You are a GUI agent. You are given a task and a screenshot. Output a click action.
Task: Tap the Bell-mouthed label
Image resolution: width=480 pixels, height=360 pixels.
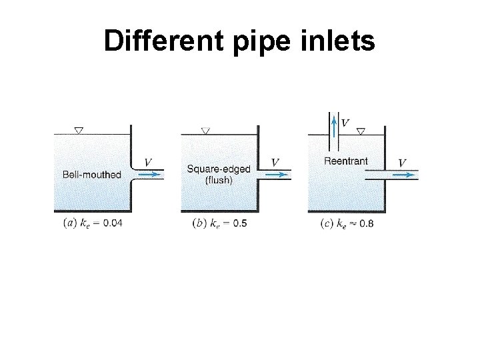coord(91,175)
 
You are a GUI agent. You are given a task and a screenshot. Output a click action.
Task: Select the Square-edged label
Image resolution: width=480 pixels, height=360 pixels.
coord(219,169)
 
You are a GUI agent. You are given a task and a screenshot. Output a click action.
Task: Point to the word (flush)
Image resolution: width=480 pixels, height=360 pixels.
coord(219,179)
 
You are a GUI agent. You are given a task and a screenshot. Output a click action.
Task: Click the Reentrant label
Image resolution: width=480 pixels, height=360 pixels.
coord(345,161)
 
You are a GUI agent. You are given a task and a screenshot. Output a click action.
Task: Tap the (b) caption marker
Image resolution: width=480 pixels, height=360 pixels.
coord(198,223)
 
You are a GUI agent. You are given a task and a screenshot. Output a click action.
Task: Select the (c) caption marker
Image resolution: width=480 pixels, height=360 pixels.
coord(325,223)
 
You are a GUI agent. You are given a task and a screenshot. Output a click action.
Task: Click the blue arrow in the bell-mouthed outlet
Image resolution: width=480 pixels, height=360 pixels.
coord(150,175)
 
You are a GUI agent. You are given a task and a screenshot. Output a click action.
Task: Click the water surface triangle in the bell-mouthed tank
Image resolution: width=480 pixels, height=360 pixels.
coord(79,131)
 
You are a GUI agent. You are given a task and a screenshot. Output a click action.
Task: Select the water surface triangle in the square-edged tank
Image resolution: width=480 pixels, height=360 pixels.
coord(205,131)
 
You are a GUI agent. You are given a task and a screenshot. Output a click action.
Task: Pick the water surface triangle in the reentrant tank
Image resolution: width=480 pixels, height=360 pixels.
coord(361,131)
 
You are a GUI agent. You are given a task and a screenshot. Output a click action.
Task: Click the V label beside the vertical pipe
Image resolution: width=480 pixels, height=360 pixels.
coord(345,122)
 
